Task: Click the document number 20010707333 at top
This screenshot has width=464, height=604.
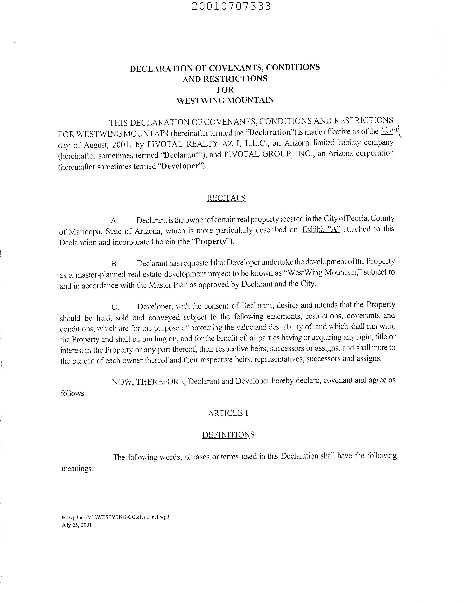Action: tap(231, 6)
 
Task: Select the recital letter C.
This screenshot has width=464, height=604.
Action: tap(115, 307)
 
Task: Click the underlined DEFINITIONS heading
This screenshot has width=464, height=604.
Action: tap(228, 435)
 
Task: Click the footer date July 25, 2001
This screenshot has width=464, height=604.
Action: tap(76, 525)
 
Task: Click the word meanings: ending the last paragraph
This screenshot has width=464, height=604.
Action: tap(77, 469)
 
